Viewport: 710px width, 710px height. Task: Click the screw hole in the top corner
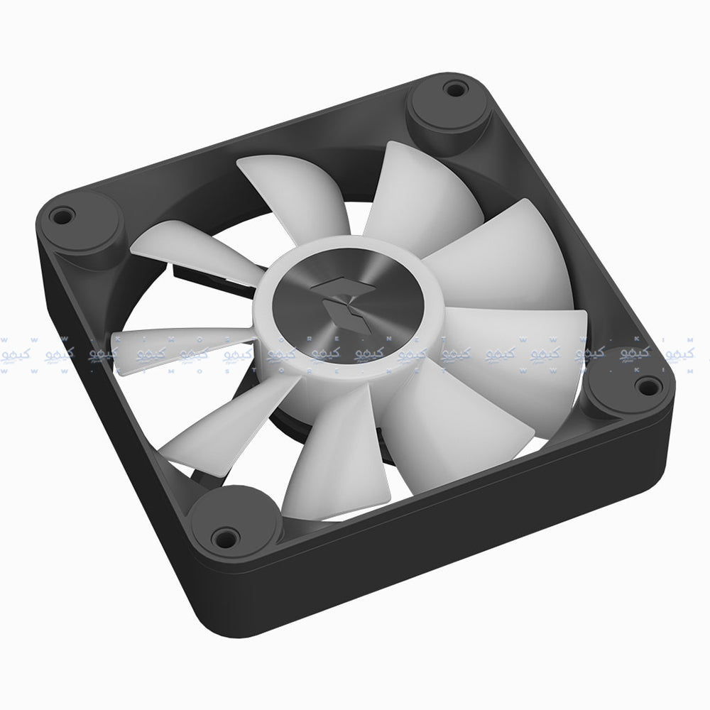(x=450, y=90)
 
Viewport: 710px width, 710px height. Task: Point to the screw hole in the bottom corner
(x=226, y=532)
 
